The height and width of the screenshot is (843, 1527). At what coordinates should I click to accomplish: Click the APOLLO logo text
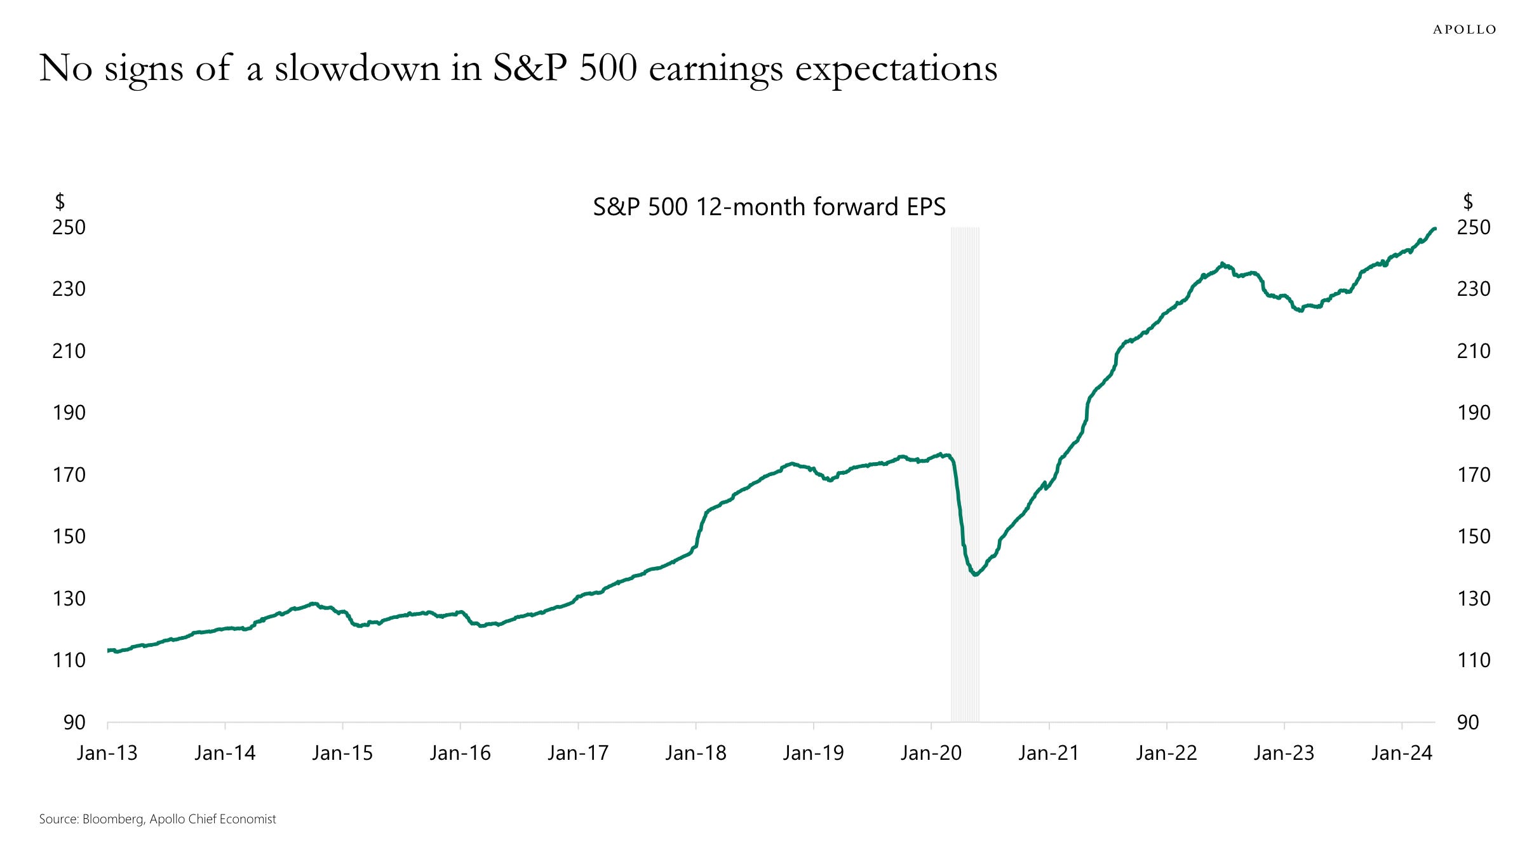[x=1464, y=30]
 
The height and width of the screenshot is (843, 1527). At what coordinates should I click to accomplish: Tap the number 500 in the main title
[x=608, y=68]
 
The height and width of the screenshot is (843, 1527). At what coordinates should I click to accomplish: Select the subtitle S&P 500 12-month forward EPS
[x=769, y=207]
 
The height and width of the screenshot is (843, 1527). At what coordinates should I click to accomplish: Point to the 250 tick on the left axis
[x=69, y=227]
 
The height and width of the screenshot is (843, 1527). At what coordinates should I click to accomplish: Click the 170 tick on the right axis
[x=1474, y=475]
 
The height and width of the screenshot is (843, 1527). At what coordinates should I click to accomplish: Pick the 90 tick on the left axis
[x=74, y=722]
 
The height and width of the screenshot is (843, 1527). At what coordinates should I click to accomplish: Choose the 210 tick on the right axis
[x=1474, y=351]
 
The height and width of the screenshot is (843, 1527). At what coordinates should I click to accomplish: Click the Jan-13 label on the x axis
[x=107, y=753]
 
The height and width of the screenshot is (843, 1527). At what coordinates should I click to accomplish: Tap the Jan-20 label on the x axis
[x=931, y=753]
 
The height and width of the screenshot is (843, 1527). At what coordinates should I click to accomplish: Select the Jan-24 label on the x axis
[x=1402, y=753]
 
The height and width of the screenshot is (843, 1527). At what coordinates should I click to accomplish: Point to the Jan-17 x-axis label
[x=578, y=753]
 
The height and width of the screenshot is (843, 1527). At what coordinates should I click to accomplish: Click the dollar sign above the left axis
[x=60, y=201]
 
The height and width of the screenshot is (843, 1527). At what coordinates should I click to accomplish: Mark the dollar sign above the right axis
[x=1468, y=201]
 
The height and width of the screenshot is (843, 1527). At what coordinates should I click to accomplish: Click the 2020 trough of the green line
[x=975, y=574]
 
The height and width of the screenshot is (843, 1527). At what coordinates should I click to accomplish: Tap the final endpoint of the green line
[x=1435, y=229]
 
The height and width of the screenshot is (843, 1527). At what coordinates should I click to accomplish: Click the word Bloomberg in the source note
[x=113, y=820]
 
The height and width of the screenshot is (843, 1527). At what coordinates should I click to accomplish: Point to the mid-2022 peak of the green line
[x=1223, y=264]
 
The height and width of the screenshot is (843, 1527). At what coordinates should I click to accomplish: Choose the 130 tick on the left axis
[x=69, y=599]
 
